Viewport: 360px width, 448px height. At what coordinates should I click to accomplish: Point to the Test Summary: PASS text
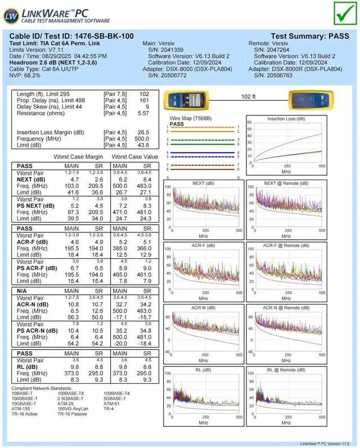pos(309,36)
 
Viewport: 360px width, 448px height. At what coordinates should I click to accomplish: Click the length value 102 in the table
pos(144,94)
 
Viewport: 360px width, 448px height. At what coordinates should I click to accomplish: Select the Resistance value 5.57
pos(143,113)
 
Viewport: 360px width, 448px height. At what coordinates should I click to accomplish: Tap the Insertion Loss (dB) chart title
pos(286,119)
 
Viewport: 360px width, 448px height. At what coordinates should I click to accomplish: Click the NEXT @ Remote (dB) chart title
pos(286,183)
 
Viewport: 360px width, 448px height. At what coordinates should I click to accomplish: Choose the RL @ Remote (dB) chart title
pos(286,370)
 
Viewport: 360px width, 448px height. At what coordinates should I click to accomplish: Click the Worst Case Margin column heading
pos(78,156)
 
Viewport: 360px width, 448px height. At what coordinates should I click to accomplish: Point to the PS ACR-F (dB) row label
pos(37,268)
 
